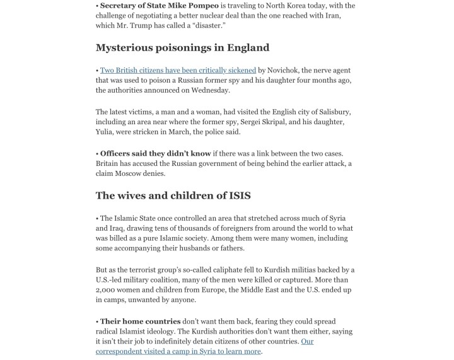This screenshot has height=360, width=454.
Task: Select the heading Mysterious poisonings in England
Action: tap(182, 48)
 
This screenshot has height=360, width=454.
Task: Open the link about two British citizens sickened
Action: tap(178, 70)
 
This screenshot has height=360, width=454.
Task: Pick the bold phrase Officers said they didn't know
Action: tap(155, 154)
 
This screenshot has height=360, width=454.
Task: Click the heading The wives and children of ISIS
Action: tap(173, 195)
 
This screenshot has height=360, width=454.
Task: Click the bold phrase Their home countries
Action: tap(140, 322)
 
